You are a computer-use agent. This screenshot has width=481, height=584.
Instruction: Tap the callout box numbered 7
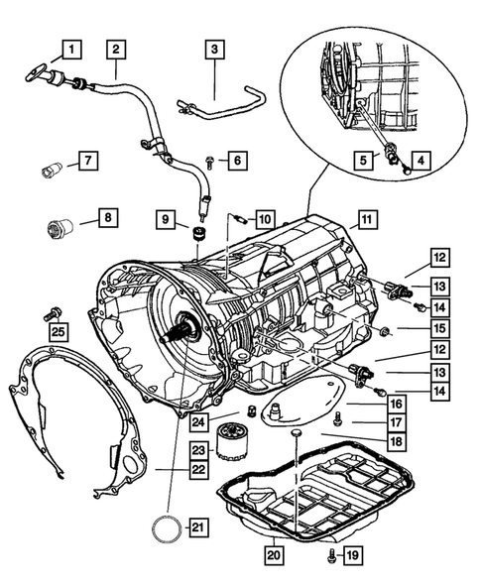[x=87, y=159]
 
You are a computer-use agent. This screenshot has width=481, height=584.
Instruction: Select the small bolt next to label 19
[x=332, y=556]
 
